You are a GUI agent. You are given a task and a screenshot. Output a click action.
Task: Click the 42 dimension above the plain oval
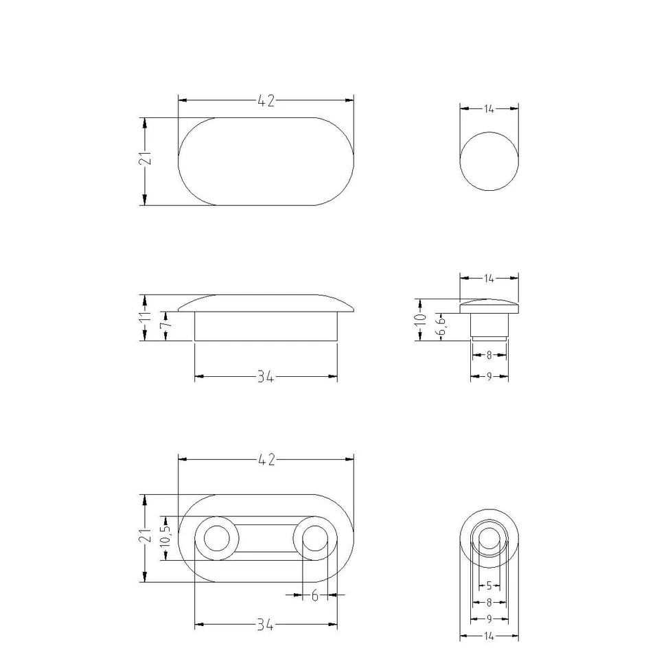pyautogui.click(x=266, y=101)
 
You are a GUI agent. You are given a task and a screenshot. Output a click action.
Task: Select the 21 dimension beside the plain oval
pyautogui.click(x=145, y=160)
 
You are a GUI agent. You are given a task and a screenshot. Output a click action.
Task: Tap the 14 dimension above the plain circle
pyautogui.click(x=489, y=108)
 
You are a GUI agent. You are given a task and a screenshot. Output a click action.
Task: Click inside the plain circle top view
pyautogui.click(x=489, y=163)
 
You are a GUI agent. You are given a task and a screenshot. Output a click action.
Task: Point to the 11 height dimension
pyautogui.click(x=145, y=317)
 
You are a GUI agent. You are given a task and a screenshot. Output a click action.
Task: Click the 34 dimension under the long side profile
pyautogui.click(x=266, y=377)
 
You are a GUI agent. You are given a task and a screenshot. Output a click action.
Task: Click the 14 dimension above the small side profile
pyautogui.click(x=489, y=278)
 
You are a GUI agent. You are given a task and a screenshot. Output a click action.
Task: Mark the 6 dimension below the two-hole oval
pyautogui.click(x=314, y=596)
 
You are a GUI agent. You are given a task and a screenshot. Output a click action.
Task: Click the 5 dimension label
pyautogui.click(x=489, y=586)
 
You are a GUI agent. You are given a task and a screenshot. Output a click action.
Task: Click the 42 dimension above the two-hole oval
pyautogui.click(x=266, y=461)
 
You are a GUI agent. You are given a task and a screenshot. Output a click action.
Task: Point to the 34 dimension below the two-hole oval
pyautogui.click(x=266, y=625)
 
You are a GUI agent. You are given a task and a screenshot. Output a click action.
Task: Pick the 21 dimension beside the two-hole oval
pyautogui.click(x=145, y=537)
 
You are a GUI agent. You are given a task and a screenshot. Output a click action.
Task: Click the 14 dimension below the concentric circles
pyautogui.click(x=489, y=636)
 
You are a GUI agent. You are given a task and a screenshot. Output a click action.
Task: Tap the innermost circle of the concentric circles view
pyautogui.click(x=489, y=538)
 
